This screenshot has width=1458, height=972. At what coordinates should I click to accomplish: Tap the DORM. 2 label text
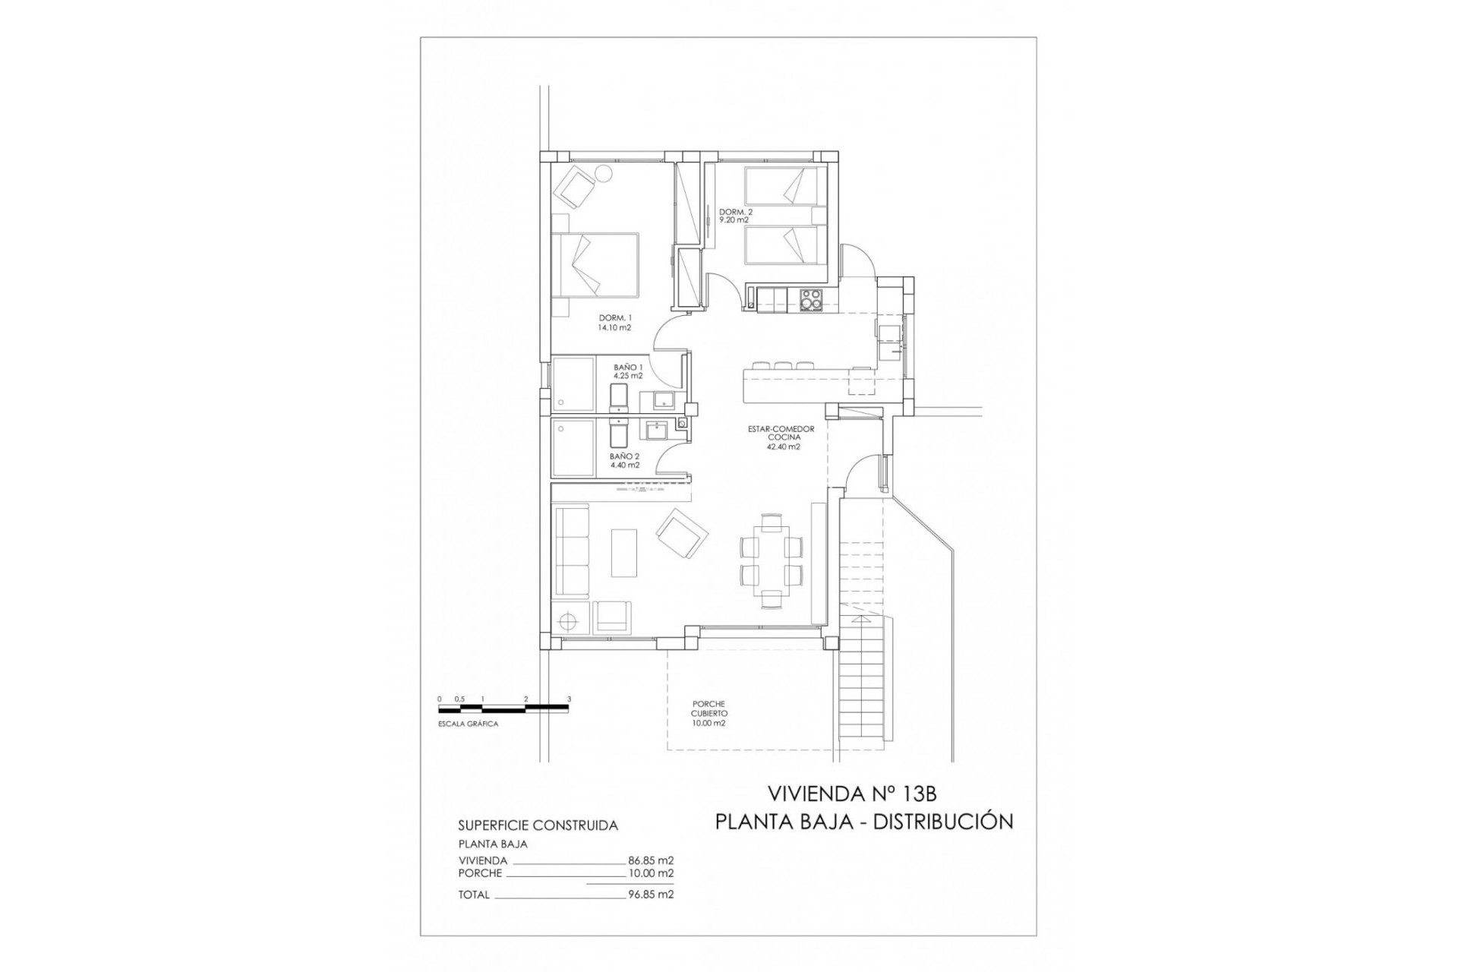click(735, 216)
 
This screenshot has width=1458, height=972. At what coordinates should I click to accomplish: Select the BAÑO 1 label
click(628, 371)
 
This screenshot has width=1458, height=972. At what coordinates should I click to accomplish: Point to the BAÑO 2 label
click(624, 461)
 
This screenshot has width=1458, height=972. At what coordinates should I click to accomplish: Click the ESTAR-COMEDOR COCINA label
click(781, 438)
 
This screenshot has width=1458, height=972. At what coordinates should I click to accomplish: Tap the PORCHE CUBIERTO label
click(708, 714)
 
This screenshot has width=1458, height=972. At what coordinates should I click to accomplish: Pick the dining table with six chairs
click(772, 560)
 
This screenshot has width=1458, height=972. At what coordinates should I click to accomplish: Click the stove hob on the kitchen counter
click(812, 299)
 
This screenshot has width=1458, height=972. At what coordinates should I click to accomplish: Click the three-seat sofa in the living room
click(572, 552)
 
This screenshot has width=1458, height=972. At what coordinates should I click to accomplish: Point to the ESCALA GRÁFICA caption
click(468, 724)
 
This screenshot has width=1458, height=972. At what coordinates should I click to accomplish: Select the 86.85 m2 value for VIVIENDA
click(651, 860)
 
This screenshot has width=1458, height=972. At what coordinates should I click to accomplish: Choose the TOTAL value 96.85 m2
click(651, 895)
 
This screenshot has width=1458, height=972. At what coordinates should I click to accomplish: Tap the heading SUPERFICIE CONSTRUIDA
click(538, 825)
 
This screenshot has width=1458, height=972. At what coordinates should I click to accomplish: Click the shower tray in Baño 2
click(575, 449)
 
